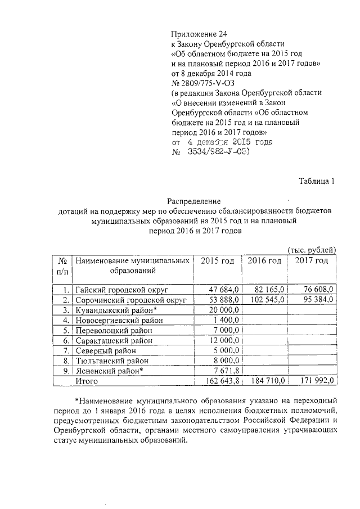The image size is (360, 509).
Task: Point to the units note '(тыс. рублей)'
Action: (312, 250)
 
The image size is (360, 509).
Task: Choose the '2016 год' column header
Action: (264, 261)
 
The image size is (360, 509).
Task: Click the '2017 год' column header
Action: (311, 261)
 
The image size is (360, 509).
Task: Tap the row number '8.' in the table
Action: (65, 361)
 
